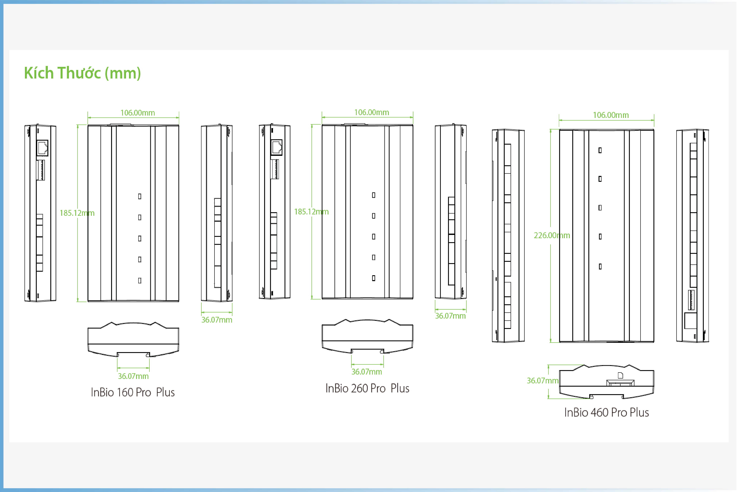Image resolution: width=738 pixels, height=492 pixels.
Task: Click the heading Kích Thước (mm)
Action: click(x=82, y=73)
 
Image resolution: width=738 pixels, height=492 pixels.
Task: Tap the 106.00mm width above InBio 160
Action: click(x=138, y=113)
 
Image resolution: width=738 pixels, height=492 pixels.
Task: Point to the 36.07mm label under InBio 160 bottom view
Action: click(x=133, y=376)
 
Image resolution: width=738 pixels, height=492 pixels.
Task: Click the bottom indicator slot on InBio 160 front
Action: click(x=140, y=281)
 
